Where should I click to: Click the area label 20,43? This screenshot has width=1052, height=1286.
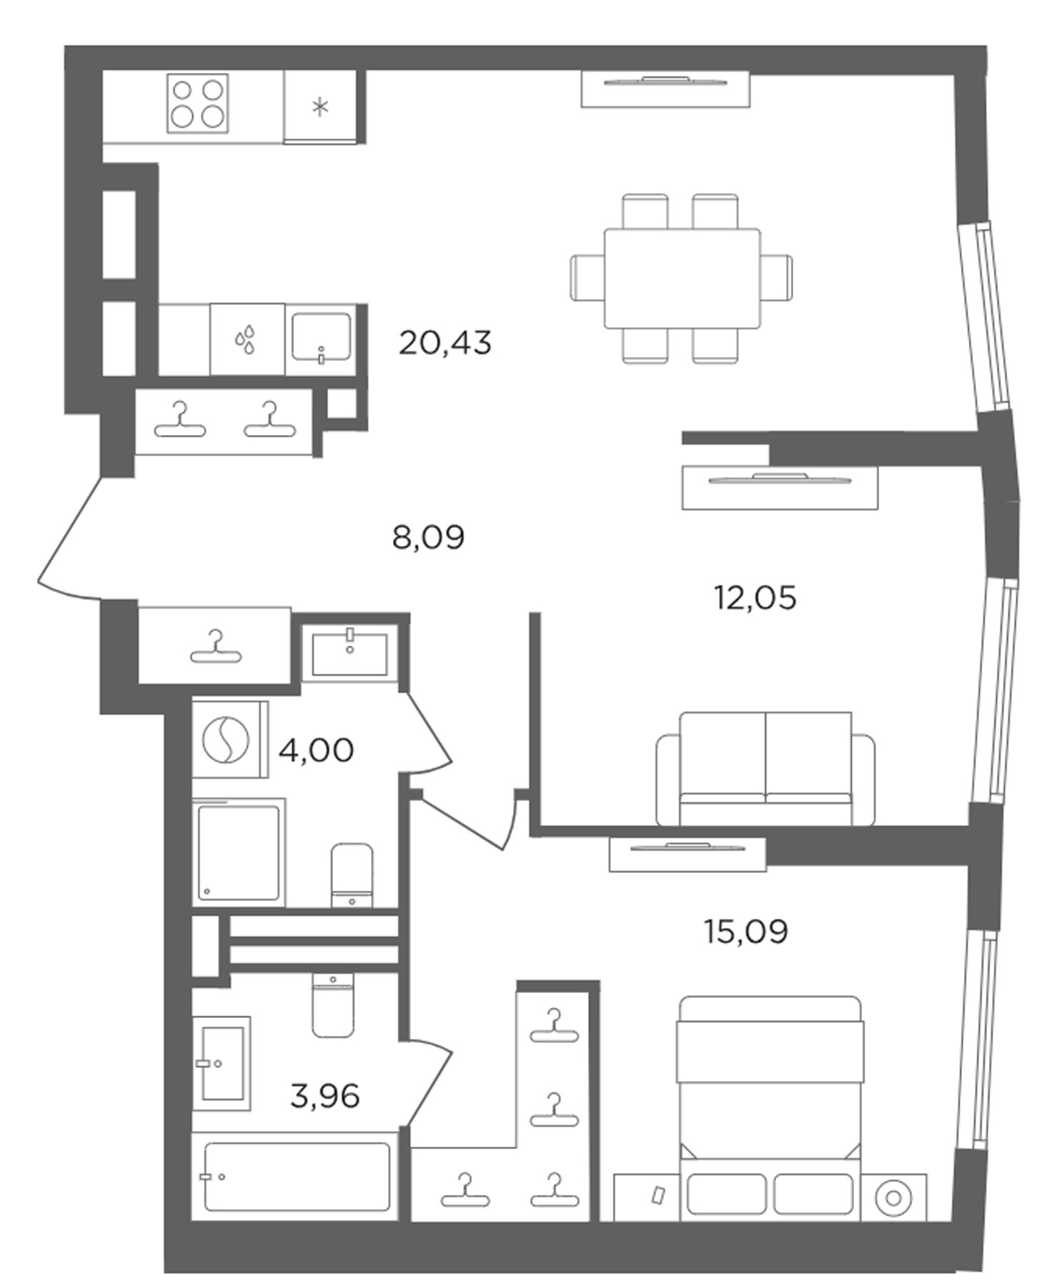coord(445,343)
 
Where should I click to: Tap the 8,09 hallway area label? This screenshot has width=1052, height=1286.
coord(428,537)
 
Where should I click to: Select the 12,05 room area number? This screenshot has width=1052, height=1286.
coord(755,597)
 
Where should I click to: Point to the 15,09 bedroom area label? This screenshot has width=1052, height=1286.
coord(746,932)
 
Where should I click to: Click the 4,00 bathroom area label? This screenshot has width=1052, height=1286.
coord(316,750)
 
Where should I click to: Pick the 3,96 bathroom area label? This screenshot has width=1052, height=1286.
coord(324,1095)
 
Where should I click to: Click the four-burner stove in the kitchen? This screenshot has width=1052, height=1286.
coord(198,104)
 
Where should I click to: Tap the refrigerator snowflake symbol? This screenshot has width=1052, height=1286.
coord(320,107)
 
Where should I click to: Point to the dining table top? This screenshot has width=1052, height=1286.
coord(682,278)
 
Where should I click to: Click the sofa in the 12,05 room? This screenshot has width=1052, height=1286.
coord(765,769)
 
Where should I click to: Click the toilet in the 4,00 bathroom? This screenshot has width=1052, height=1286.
coord(352,875)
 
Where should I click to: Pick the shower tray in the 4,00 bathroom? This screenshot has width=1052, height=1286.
coord(238,852)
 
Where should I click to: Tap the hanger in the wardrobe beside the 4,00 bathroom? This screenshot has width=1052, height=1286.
coord(216,647)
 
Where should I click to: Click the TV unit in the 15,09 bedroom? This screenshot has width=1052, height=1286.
coord(688,854)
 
